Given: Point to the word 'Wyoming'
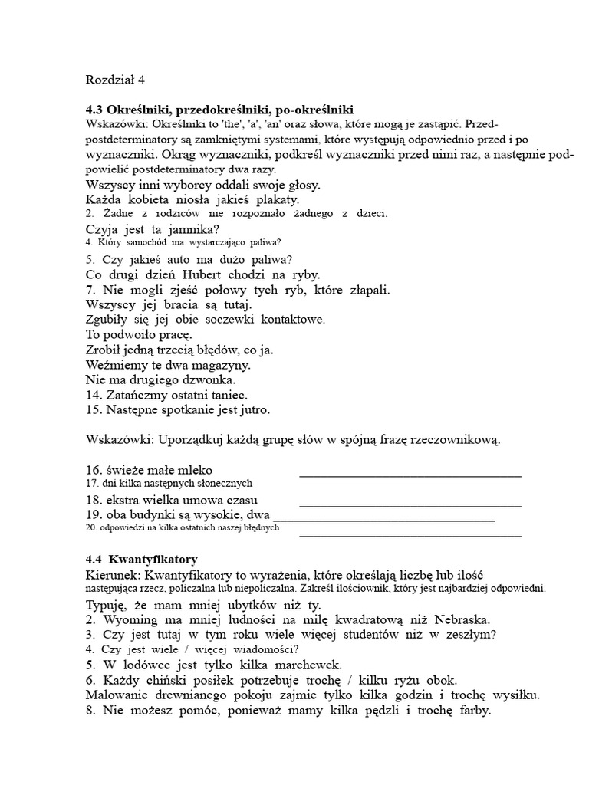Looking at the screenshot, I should [x=135, y=619].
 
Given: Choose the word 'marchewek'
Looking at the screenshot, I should [x=303, y=665].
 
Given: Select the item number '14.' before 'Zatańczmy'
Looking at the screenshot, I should [x=95, y=395].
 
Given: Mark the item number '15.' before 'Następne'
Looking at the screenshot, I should [x=95, y=410].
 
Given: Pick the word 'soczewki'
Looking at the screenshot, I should [x=226, y=319].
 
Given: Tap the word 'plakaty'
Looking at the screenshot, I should [x=251, y=199].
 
